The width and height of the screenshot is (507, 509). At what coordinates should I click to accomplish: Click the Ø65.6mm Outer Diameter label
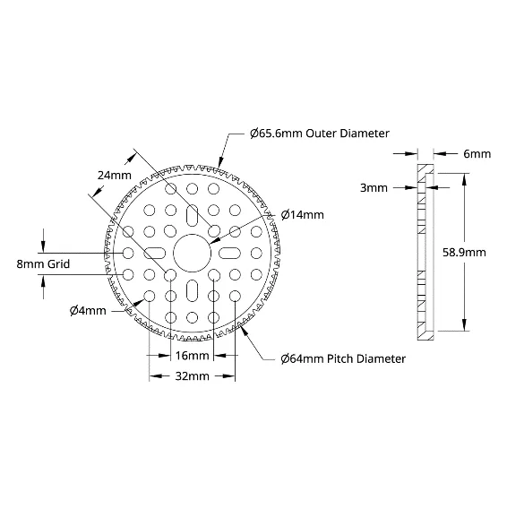(x=320, y=134)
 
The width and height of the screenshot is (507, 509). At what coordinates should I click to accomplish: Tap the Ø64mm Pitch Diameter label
(x=343, y=358)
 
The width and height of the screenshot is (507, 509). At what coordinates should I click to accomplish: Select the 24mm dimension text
(x=115, y=176)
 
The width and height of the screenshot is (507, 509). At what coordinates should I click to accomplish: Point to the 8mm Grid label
(x=43, y=263)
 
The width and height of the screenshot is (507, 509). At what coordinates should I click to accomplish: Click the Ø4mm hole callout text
(x=88, y=311)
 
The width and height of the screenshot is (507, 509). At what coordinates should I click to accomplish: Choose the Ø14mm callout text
(x=303, y=215)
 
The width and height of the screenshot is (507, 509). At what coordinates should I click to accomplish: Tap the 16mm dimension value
(x=193, y=356)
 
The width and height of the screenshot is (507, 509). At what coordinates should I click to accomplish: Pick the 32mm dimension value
(x=193, y=376)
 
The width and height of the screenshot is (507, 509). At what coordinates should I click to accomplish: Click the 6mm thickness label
(x=477, y=153)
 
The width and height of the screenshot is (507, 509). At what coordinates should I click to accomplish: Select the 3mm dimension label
(x=374, y=187)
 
